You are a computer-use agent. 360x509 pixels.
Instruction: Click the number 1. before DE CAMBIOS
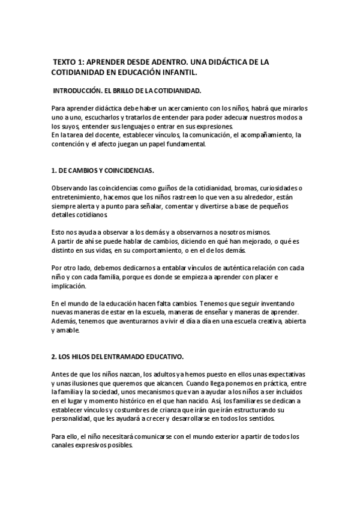coord(54,170)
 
